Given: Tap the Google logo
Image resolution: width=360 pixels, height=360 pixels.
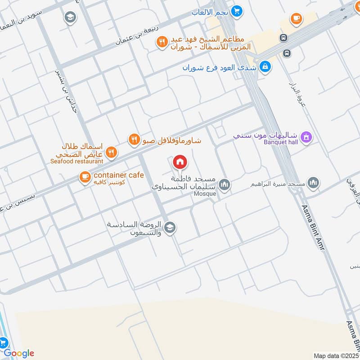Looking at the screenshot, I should click(x=19, y=353).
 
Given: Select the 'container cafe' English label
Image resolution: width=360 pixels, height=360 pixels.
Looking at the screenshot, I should click(x=118, y=175).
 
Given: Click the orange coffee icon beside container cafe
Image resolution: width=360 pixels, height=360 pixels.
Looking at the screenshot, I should click(x=84, y=177).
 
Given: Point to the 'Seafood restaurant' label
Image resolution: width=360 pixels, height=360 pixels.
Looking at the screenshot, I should click(x=76, y=161).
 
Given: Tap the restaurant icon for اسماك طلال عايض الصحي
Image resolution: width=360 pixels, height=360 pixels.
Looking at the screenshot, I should click(x=112, y=152).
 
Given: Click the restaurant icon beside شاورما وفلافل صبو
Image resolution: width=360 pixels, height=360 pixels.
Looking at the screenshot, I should click(x=134, y=139).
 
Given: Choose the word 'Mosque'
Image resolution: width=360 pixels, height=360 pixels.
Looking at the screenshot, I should click(x=205, y=194).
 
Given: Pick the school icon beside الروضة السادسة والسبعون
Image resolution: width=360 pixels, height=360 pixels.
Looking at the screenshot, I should click(x=170, y=228).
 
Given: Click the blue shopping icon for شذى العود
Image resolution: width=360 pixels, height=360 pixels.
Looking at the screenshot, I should click(x=265, y=67).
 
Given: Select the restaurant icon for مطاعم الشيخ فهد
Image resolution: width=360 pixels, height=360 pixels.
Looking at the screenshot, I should click(x=161, y=42).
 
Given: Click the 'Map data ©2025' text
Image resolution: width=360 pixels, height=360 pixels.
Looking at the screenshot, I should click(x=336, y=355).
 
